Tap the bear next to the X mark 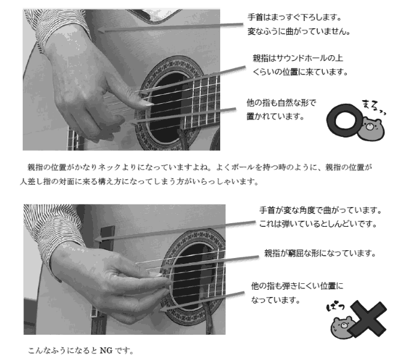(341, 328)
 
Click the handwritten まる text (373, 107)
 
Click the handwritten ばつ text (335, 307)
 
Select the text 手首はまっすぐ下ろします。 (295, 17)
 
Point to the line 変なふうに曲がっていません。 (299, 31)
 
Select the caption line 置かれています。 (275, 116)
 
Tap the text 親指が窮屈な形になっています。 (320, 253)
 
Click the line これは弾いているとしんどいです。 (318, 224)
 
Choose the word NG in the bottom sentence (106, 350)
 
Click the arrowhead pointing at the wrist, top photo (100, 30)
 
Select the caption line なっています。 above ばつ (275, 300)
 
